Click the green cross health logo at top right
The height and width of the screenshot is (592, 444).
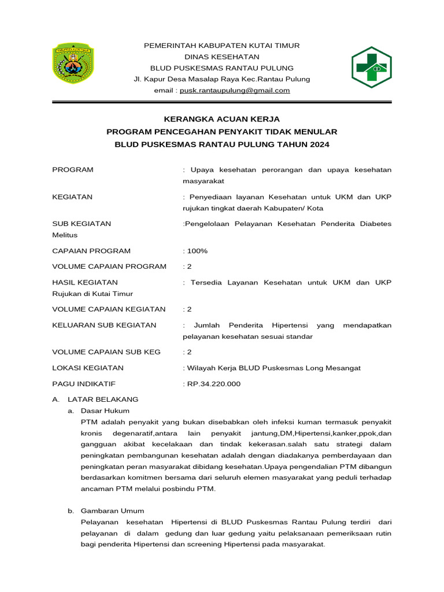coord(372,67)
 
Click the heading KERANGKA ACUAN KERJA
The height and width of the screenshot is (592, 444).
coord(221,119)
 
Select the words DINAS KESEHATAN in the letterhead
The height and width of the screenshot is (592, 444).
coord(221,57)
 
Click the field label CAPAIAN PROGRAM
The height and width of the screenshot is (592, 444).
coord(91,251)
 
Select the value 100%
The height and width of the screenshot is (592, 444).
coord(197,251)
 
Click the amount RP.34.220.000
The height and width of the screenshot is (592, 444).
coord(213,384)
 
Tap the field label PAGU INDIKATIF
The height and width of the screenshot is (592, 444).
coord(84,384)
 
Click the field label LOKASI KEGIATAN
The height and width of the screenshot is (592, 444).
coord(87,368)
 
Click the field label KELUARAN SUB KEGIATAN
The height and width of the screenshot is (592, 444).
coord(104,325)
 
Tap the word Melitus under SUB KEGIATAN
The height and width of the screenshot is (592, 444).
coord(64,235)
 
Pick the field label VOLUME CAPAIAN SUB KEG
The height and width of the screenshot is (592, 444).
coord(106,351)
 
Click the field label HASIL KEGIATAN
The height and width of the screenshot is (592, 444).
coord(85,282)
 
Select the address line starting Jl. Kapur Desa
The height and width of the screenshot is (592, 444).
coord(221,79)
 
